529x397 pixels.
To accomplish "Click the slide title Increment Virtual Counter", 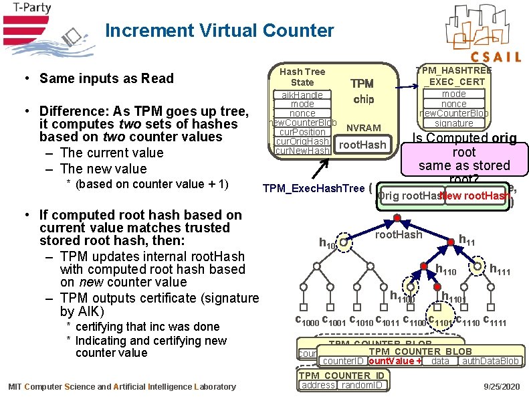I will [219, 31].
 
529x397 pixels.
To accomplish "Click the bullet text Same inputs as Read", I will [106, 78].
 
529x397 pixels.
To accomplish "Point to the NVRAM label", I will [364, 128].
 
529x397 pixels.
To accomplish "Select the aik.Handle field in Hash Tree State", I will [302, 95].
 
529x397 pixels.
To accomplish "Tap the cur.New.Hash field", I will [302, 151].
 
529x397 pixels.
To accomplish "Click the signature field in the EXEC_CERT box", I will [453, 123].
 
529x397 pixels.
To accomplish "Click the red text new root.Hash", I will [475, 195].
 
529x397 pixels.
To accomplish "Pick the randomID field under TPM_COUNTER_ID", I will [362, 385].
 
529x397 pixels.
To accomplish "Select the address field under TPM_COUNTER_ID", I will [318, 385].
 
